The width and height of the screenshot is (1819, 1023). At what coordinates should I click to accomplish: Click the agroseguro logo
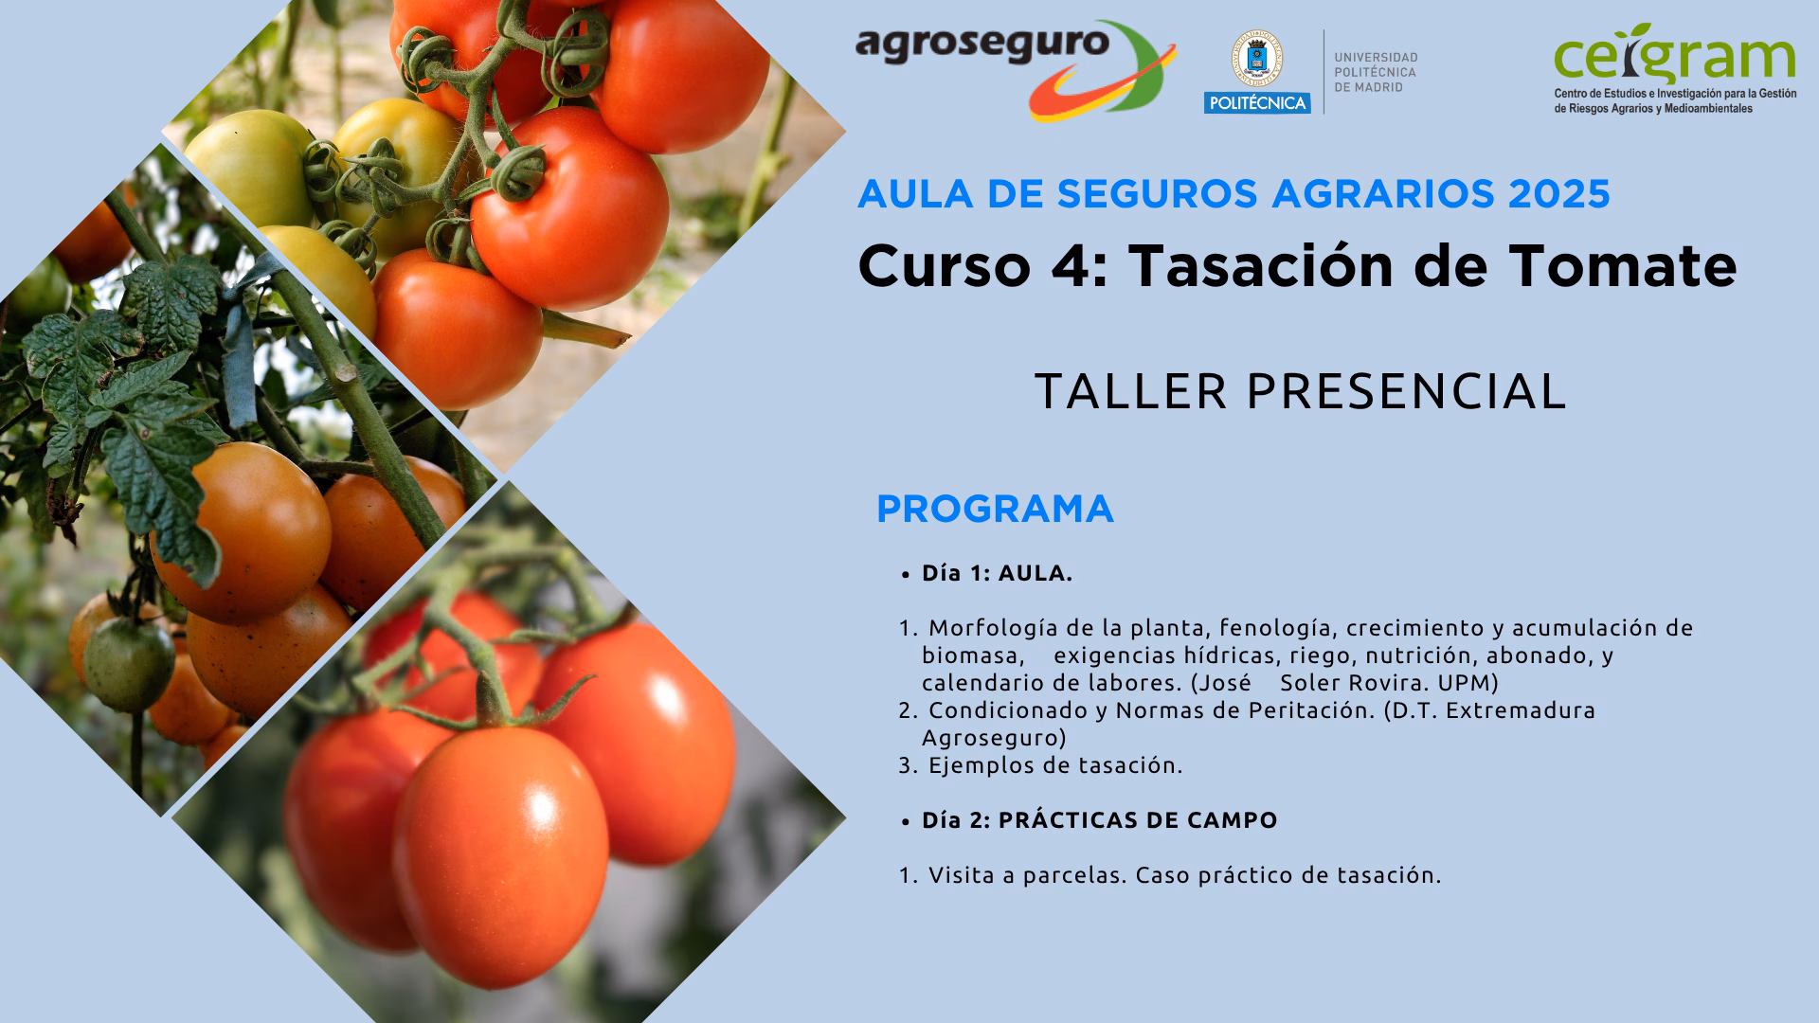[x=1016, y=70]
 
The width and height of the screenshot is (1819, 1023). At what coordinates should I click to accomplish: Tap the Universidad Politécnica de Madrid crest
[x=1256, y=59]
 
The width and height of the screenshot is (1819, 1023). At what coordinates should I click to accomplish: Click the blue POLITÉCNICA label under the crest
[x=1257, y=103]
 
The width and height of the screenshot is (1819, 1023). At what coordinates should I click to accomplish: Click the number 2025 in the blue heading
[x=1559, y=194]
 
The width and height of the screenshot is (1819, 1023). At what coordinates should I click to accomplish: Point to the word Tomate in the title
[x=1623, y=265]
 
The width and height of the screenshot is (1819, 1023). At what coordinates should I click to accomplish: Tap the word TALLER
[x=1131, y=391]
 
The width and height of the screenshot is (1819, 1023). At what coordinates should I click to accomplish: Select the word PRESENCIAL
[x=1406, y=391]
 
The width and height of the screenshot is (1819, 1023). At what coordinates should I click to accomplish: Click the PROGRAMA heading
[x=995, y=510]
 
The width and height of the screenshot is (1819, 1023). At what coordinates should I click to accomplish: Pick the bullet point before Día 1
[x=906, y=574]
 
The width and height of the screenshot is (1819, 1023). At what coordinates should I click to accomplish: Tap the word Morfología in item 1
[x=993, y=629]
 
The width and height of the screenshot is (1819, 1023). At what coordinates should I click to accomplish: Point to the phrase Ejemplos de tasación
[x=1055, y=765]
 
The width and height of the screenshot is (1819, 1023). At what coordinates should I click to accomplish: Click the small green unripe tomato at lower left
[x=128, y=663]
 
